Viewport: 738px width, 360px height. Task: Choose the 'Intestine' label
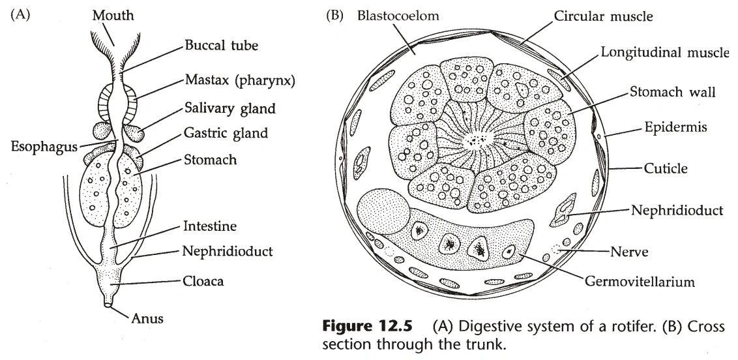click(x=210, y=226)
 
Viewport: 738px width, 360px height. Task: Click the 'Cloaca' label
click(x=203, y=282)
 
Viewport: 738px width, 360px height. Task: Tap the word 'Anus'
click(x=147, y=319)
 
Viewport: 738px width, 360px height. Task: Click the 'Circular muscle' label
click(x=603, y=14)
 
